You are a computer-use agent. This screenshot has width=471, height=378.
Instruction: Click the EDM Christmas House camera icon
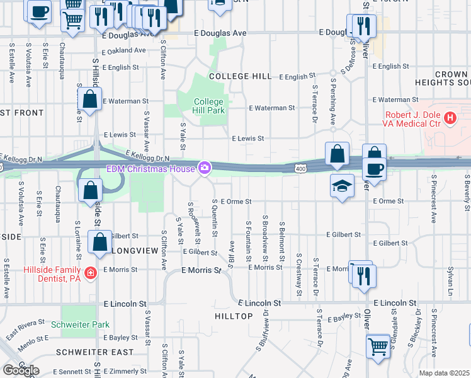point(204,168)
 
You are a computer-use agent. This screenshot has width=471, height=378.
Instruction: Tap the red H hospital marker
point(450,117)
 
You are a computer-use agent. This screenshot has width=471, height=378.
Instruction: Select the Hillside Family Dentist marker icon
point(91,272)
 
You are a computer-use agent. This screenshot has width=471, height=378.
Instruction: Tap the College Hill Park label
point(208,106)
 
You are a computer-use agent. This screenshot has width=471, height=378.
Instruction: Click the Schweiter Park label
point(86,324)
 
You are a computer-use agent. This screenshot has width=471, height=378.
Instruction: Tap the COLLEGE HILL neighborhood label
point(240,76)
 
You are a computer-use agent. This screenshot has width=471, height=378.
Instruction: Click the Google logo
point(21,370)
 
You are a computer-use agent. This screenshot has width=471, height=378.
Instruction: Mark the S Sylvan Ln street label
point(450,277)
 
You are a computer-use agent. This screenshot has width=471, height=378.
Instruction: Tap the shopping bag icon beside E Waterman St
point(90,98)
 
